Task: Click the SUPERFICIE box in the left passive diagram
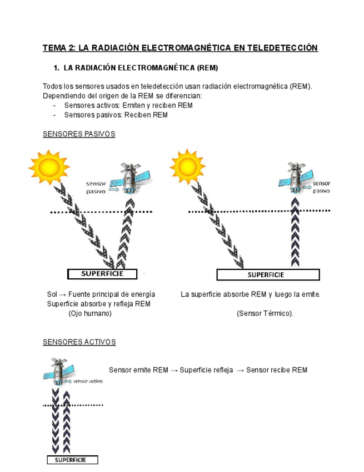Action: point(102,274)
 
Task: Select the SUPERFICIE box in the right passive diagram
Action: point(267,274)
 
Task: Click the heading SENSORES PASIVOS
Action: point(79,134)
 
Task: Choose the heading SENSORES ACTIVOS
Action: point(79,342)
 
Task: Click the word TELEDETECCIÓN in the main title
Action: point(283,48)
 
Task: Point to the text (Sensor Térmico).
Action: point(265,313)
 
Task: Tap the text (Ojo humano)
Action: point(90,313)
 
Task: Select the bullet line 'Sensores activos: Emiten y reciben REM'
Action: point(128,106)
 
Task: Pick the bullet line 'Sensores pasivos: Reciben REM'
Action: point(116,115)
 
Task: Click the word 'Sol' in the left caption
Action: point(52,294)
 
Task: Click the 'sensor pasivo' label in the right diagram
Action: point(321,186)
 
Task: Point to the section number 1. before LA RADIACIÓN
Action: point(56,68)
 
